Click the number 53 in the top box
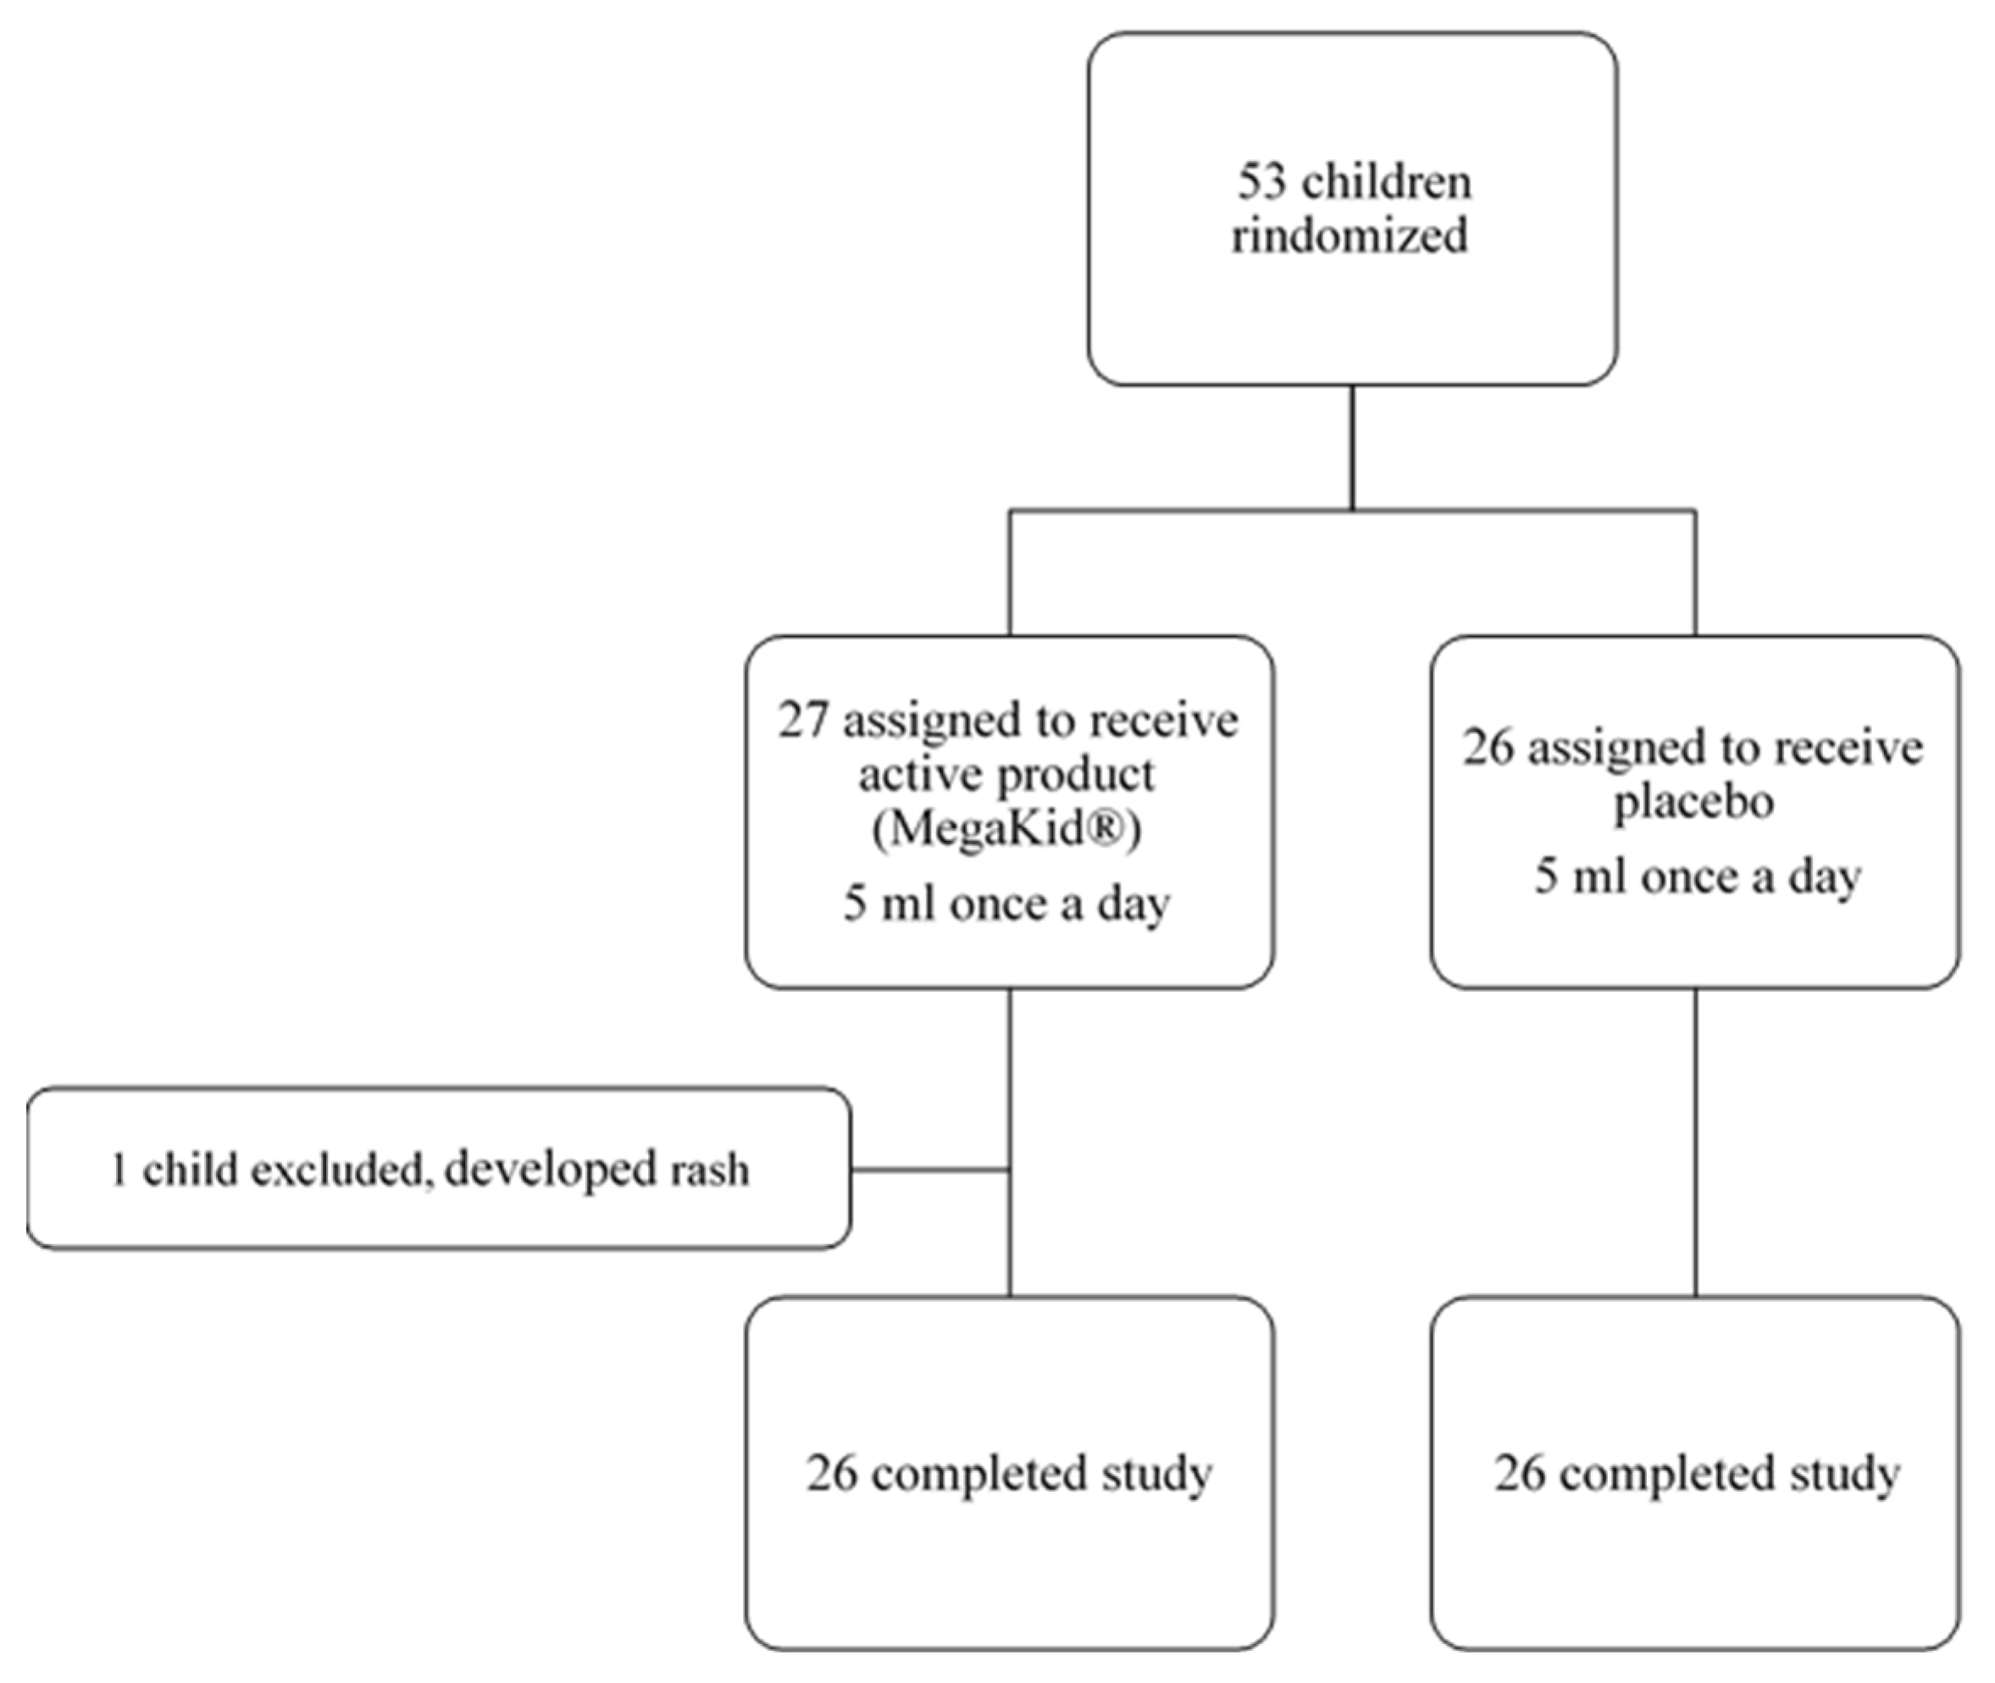pos(1262,181)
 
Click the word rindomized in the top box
pos(1349,235)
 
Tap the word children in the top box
pos(1388,181)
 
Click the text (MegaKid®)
pos(1006,830)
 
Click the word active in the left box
pos(912,775)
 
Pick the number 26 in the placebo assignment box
pos(1488,748)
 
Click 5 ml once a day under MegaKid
pos(1006,904)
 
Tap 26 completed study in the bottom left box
pos(1008,1473)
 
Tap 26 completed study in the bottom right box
pos(1696,1473)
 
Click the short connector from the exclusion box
pos(930,1169)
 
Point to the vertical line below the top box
pos(1352,446)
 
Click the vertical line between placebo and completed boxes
pos(1695,1142)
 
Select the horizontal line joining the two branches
pos(1352,511)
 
